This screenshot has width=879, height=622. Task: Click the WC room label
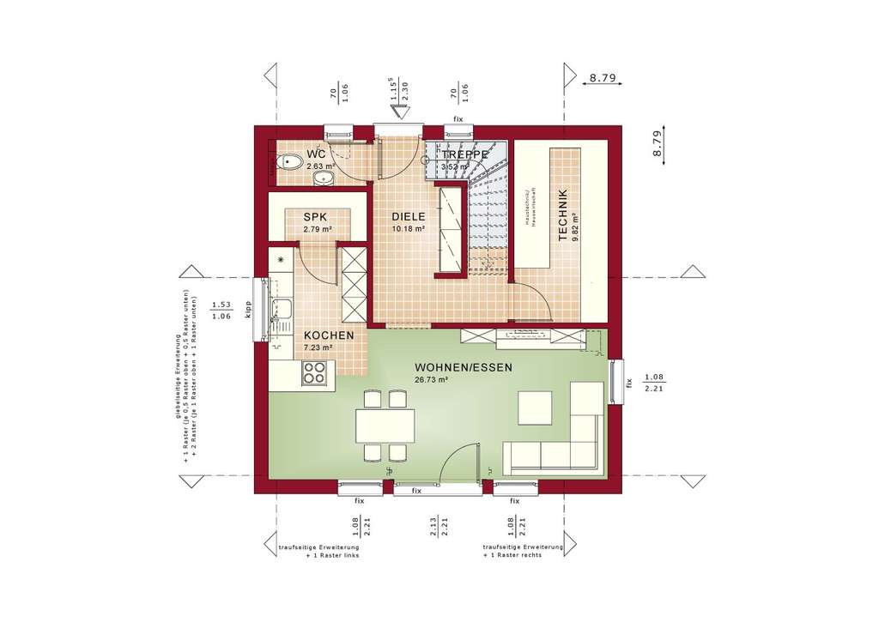[316, 154]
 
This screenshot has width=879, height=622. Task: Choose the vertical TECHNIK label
[562, 215]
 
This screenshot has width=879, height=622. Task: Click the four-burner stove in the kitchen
[315, 372]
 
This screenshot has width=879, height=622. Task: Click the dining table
[385, 425]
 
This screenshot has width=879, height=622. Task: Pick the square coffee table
[536, 407]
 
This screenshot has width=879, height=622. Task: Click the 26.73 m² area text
[432, 379]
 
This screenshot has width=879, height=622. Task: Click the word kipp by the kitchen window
[247, 310]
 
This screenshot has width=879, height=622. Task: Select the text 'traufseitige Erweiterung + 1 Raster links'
[319, 551]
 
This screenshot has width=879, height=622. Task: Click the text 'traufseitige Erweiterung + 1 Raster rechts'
[523, 551]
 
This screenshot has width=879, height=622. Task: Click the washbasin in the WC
[322, 178]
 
